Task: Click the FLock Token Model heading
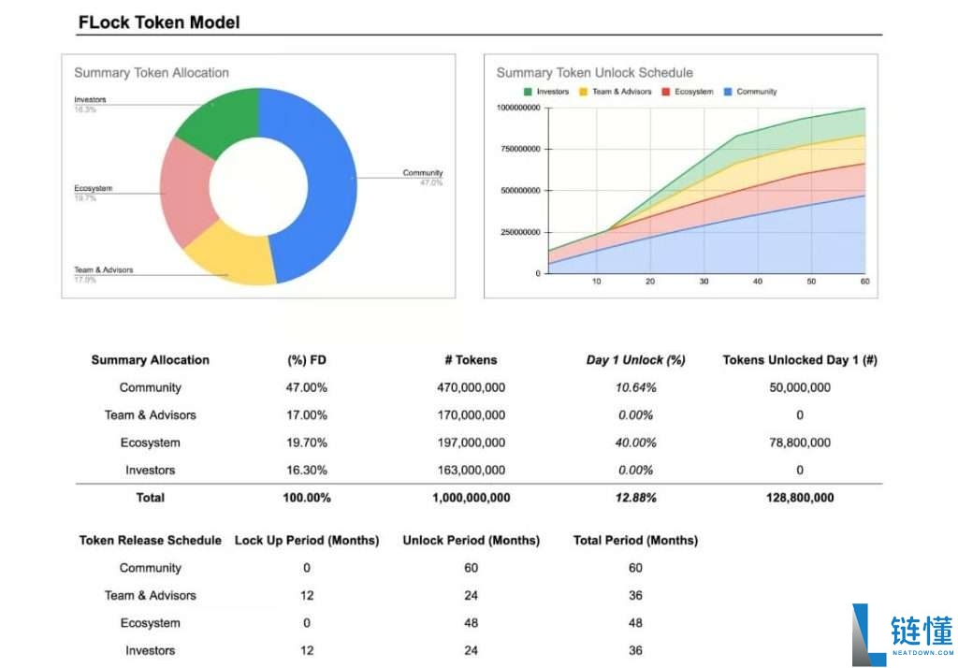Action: [159, 22]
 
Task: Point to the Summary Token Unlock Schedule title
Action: [594, 72]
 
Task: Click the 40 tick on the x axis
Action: [758, 281]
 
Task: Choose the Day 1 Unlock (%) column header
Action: [636, 360]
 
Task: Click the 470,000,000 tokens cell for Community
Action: [471, 387]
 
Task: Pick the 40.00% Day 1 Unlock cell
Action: [636, 443]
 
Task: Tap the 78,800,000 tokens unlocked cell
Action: [799, 443]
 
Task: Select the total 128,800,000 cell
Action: [799, 498]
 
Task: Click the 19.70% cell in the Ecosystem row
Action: [307, 443]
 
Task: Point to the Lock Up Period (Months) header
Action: [307, 540]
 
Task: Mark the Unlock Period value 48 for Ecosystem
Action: [471, 623]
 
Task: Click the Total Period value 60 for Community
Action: [635, 568]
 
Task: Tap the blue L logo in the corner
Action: [868, 634]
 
